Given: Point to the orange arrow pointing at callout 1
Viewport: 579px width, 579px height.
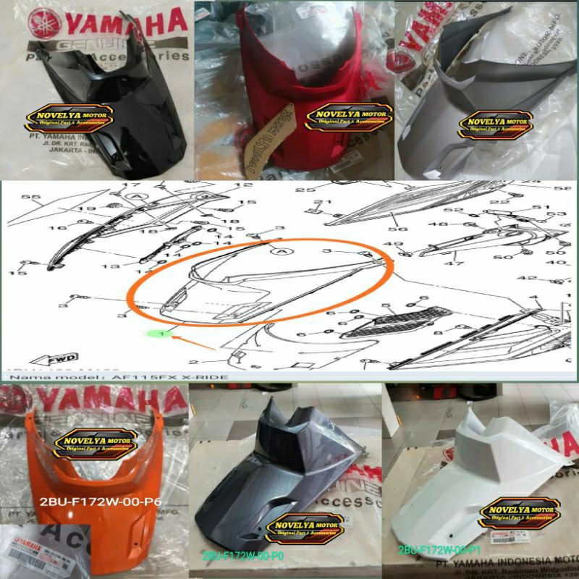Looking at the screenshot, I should pos(192,339).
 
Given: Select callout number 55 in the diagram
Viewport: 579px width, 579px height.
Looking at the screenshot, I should pos(30,197).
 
